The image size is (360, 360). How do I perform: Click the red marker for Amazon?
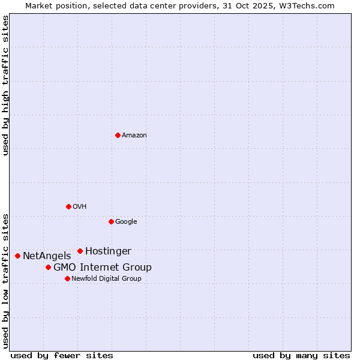click(118, 135)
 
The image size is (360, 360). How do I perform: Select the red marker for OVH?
click(68, 206)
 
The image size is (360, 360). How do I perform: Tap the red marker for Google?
click(111, 221)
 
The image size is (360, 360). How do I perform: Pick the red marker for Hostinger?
click(80, 251)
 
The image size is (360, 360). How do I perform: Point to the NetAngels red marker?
click(17, 256)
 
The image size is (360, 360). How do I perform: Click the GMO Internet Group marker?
click(48, 267)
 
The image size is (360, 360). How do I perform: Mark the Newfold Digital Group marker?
click(67, 278)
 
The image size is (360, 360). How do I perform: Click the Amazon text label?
click(134, 136)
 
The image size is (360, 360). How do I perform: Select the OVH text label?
click(80, 207)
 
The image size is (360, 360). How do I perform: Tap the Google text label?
click(126, 222)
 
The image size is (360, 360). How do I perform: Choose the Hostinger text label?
click(108, 251)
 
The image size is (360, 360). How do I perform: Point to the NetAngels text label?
click(47, 256)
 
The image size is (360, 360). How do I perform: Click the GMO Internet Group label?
click(103, 268)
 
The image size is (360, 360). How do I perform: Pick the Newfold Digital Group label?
click(106, 279)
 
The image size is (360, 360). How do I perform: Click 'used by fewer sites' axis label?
click(62, 355)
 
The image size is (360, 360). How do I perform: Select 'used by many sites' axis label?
click(301, 355)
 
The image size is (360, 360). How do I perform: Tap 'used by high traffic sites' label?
click(6, 85)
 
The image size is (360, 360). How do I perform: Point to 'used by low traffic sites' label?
click(6, 281)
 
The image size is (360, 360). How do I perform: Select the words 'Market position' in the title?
click(52, 5)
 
